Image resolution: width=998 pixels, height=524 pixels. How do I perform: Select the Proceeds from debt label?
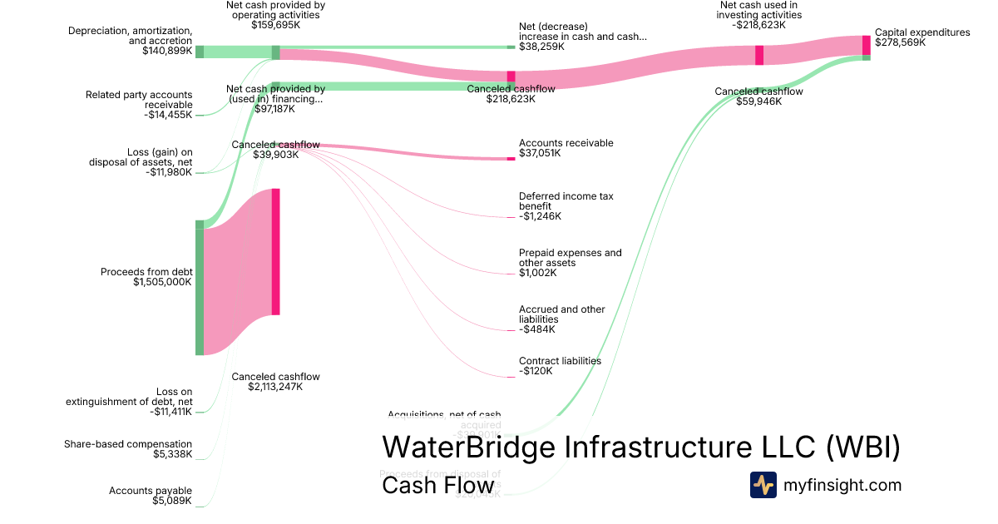(x=146, y=272)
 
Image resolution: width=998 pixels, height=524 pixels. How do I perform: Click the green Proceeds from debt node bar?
(x=200, y=288)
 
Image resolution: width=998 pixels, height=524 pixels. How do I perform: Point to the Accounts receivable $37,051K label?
(x=566, y=148)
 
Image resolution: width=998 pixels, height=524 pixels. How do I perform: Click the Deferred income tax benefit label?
(x=566, y=201)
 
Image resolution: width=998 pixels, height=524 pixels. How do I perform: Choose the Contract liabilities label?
(x=560, y=361)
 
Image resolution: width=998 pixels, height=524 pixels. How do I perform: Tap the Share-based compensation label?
(x=128, y=444)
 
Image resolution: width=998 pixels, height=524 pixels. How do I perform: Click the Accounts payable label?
(x=151, y=491)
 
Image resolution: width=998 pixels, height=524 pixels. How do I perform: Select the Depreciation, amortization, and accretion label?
(x=131, y=36)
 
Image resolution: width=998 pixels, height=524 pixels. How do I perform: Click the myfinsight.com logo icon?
(x=763, y=485)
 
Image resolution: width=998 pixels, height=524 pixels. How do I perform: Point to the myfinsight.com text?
(x=842, y=485)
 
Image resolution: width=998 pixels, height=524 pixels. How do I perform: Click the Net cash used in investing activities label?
(x=759, y=10)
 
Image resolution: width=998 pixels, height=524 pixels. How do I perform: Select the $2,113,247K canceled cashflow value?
(x=275, y=387)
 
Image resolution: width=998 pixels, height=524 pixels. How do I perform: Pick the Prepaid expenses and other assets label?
(x=570, y=258)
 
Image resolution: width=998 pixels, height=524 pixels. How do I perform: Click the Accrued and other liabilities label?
(x=561, y=314)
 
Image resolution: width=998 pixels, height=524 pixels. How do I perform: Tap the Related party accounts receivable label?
(x=139, y=100)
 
